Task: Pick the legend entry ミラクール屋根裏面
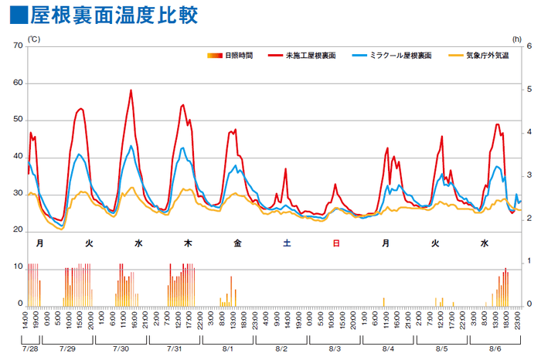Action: (x=390, y=56)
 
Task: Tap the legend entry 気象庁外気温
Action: (x=486, y=56)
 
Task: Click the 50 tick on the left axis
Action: (x=18, y=121)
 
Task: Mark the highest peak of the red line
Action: (x=131, y=90)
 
